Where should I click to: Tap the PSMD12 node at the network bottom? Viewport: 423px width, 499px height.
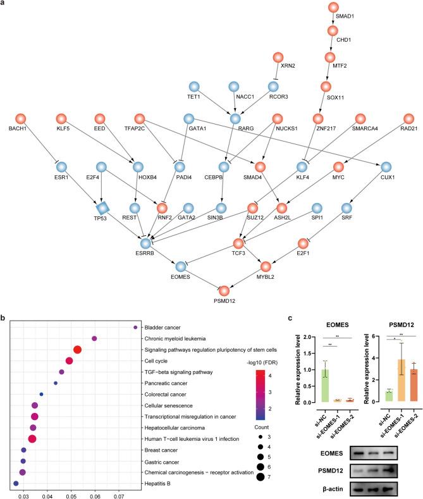click(224, 290)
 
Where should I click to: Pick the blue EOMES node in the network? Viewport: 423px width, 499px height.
click(181, 268)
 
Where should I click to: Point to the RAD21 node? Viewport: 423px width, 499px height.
click(408, 118)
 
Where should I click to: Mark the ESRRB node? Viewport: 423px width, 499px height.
click(147, 243)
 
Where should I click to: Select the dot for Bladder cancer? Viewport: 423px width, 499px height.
click(135, 327)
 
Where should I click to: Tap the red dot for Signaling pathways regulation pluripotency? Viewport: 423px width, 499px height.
click(78, 350)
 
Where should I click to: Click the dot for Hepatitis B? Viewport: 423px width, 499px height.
click(16, 483)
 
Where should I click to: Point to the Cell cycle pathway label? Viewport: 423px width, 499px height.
click(156, 360)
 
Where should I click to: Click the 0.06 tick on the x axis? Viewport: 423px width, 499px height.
click(95, 495)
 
